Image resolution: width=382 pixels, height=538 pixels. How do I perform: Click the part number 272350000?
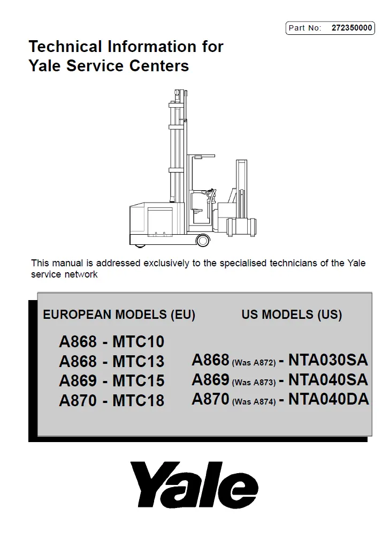[x=352, y=28]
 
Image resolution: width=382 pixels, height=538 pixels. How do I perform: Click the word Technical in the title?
[x=63, y=47]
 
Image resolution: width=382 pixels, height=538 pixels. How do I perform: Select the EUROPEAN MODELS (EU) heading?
[x=119, y=315]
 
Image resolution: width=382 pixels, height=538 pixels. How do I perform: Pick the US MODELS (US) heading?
[x=292, y=315]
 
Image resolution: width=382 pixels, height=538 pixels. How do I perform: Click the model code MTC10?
[x=139, y=341]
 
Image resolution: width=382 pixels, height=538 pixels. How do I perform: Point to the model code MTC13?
[x=139, y=361]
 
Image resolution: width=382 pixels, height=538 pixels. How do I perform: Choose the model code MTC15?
[x=139, y=380]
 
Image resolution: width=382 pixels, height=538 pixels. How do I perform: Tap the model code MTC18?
[x=139, y=400]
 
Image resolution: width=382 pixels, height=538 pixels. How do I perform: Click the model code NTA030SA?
[x=328, y=360]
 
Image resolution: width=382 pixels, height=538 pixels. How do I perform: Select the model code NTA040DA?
[x=328, y=399]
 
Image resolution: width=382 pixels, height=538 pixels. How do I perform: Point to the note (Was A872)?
[x=254, y=363]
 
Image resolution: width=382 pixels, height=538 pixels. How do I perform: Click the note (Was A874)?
[x=254, y=402]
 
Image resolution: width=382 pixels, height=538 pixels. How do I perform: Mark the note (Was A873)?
[x=254, y=383]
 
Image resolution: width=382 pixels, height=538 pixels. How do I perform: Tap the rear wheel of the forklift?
[x=203, y=240]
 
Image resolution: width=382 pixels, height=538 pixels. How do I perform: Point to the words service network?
[x=64, y=274]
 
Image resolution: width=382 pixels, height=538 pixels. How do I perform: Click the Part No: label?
[x=304, y=28]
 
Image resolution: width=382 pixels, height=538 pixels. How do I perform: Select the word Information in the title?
[x=151, y=47]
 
